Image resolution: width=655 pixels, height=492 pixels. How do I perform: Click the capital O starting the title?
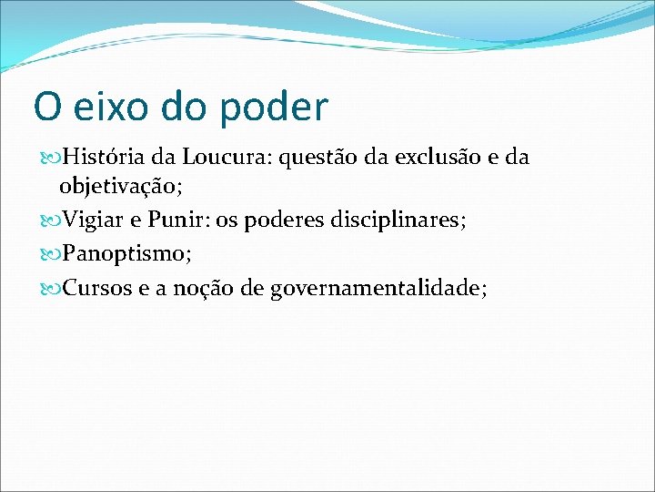[x=45, y=108]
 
